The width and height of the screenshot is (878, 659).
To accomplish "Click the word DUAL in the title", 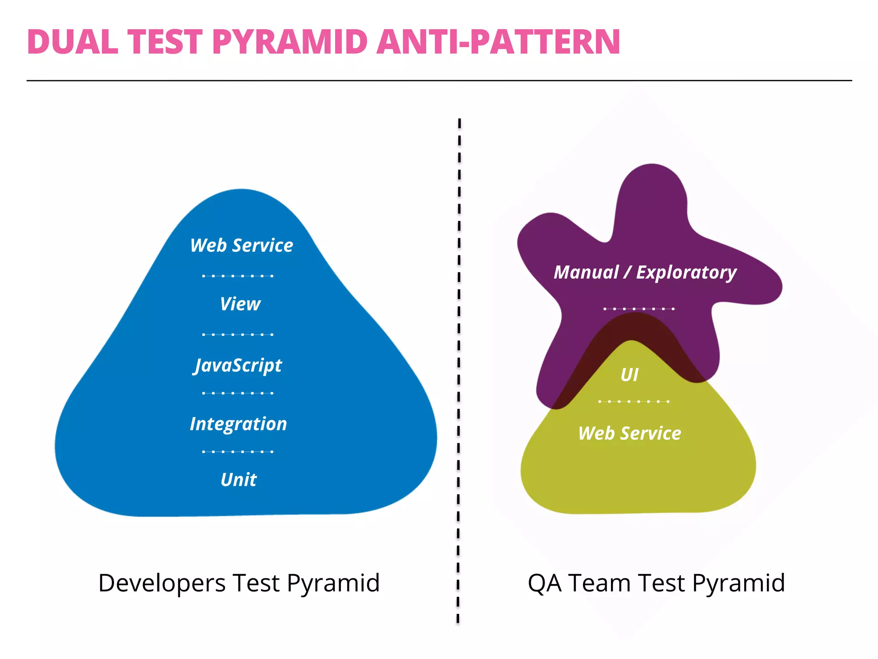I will click(x=72, y=42).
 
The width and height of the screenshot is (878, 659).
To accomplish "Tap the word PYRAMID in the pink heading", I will click(x=290, y=42).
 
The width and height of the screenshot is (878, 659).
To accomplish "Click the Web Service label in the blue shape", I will click(x=241, y=245).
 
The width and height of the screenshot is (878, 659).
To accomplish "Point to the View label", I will click(x=240, y=304).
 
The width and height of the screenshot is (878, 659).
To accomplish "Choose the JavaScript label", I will click(x=238, y=366).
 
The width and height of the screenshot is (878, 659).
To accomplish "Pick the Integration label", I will click(x=238, y=424).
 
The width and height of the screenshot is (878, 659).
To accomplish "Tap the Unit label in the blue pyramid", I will click(x=238, y=480).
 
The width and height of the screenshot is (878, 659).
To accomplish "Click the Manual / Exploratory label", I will click(x=645, y=272).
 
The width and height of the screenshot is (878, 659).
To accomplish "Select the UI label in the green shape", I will click(x=629, y=375).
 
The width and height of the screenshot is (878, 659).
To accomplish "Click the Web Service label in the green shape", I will click(x=629, y=433).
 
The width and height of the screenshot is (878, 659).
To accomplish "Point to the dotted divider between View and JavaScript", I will click(x=238, y=334).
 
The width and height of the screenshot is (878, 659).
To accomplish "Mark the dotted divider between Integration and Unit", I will click(x=238, y=451).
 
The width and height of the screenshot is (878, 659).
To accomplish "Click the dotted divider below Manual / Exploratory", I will click(x=639, y=308).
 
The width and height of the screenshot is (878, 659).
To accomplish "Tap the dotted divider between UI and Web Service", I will click(x=634, y=402).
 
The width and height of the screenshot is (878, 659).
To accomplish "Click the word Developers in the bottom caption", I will click(x=162, y=583).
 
